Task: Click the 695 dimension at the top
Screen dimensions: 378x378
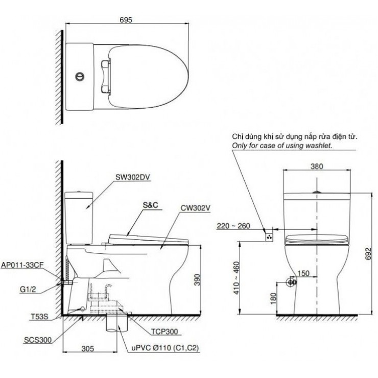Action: click(x=126, y=19)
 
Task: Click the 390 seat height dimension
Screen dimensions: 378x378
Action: click(x=203, y=279)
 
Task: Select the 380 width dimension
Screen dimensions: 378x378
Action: click(x=317, y=166)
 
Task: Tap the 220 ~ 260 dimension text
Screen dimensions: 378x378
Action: click(x=233, y=226)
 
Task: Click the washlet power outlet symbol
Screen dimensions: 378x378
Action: click(x=268, y=237)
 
